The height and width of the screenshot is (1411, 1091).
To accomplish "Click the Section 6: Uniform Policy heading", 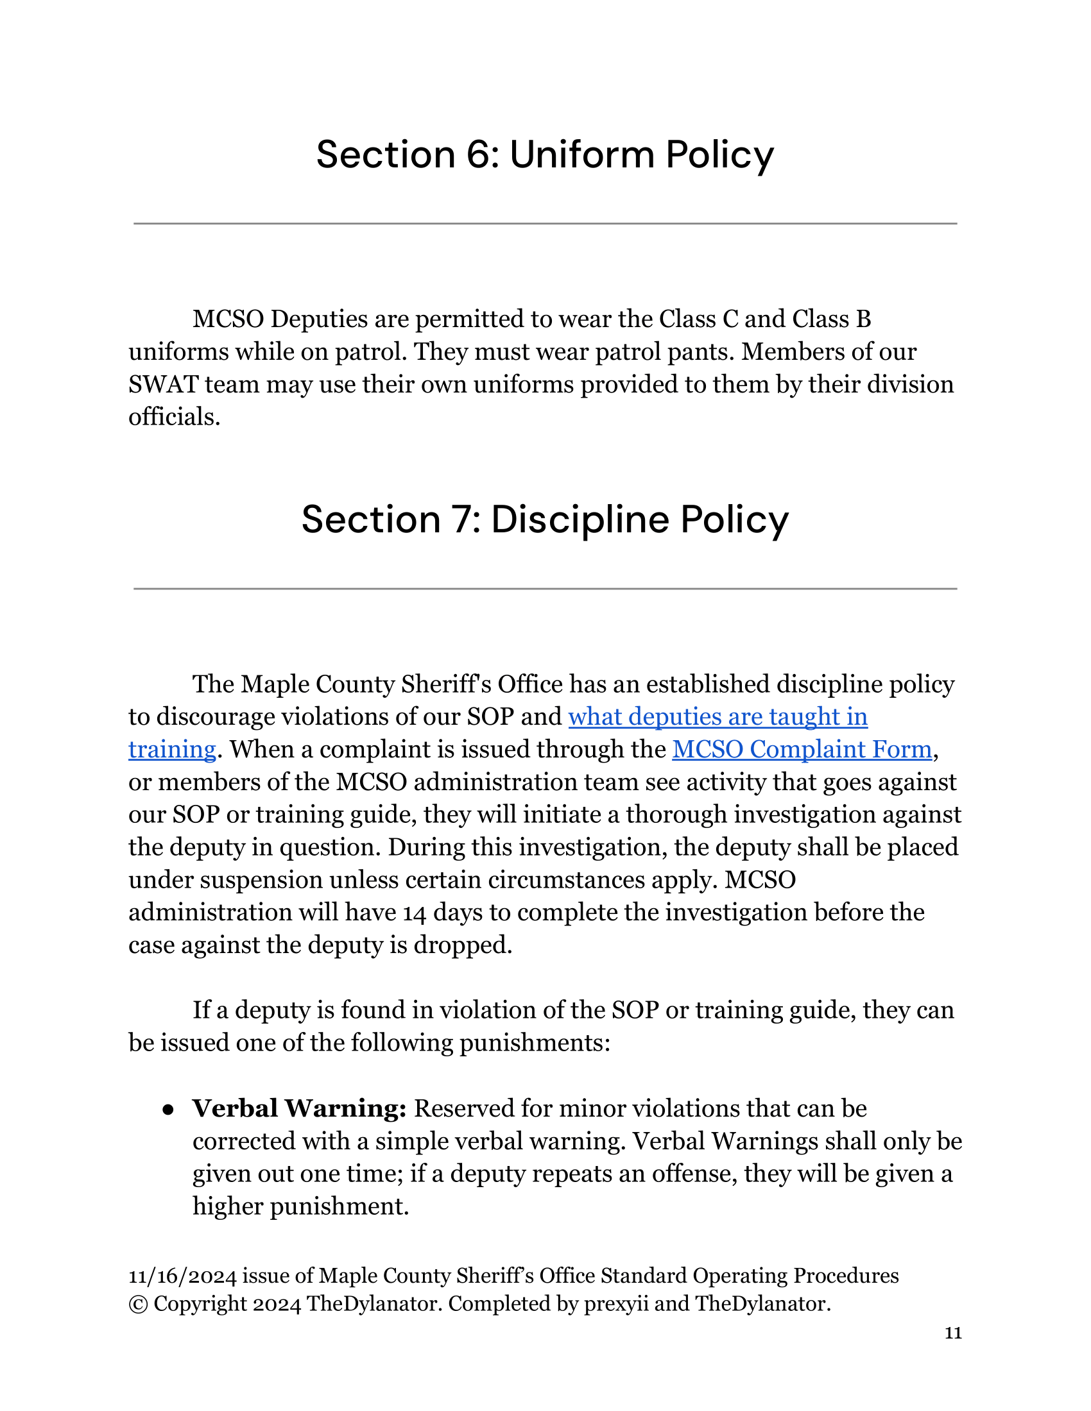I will tap(545, 155).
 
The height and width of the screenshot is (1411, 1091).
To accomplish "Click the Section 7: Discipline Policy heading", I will tap(545, 520).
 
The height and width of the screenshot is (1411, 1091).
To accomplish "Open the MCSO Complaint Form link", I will tap(802, 749).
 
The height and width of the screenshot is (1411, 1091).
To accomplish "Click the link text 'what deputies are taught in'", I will tap(717, 717).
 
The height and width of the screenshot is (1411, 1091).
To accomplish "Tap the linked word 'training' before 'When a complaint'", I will tap(172, 749).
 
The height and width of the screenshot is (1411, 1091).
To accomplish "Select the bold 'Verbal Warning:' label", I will tap(299, 1109).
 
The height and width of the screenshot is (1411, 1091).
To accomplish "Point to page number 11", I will tap(953, 1333).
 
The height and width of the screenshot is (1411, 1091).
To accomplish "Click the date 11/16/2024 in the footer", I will tap(182, 1276).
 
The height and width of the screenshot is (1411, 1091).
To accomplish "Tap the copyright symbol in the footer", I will tap(138, 1304).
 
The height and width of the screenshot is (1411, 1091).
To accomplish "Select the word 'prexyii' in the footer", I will tap(615, 1304).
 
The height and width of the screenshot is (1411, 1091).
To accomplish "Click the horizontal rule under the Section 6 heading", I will tap(545, 224).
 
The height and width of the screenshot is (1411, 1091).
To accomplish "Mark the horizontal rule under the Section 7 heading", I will tap(545, 589).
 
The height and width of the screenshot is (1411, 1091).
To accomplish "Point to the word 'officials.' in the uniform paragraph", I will tap(175, 418).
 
